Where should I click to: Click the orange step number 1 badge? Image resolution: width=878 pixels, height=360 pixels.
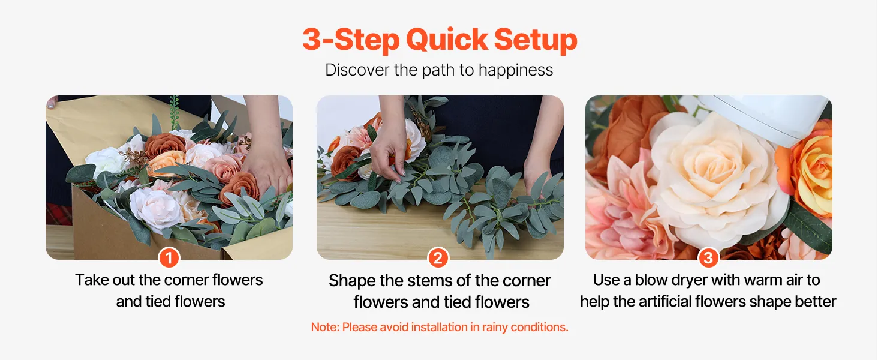pos(169,258)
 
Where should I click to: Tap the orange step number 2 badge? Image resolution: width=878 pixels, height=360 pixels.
pos(438,258)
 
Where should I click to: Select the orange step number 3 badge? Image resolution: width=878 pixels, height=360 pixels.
pos(708,258)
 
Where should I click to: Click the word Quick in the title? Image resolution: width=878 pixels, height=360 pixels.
pos(447,40)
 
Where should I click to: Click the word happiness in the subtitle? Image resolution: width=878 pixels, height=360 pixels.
pos(515,71)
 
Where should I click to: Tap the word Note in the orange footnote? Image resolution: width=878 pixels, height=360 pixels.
pos(325,327)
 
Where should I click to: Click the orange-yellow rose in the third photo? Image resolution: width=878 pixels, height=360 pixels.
pos(807,169)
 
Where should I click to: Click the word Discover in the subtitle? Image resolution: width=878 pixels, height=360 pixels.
pos(357,71)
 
